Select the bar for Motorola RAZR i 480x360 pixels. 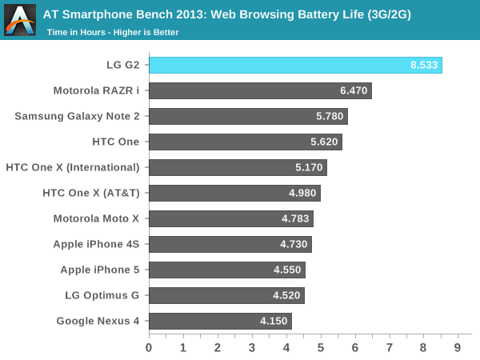(260, 90)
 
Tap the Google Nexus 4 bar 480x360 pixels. (220, 321)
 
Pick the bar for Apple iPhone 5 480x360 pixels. (226, 270)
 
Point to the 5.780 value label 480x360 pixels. (330, 116)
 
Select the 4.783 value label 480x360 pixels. (296, 218)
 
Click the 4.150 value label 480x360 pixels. (274, 321)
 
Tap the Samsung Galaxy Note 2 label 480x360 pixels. (77, 116)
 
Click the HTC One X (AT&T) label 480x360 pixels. (91, 193)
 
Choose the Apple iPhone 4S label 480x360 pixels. (96, 244)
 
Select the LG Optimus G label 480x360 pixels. (102, 295)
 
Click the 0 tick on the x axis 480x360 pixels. (149, 347)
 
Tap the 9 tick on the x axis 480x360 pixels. (458, 347)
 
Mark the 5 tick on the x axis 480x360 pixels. (321, 347)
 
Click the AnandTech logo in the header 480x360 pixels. (20, 20)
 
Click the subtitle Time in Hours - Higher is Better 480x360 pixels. (112, 32)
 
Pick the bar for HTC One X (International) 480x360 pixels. (238, 167)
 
